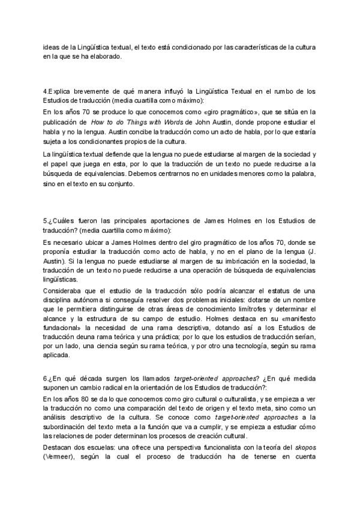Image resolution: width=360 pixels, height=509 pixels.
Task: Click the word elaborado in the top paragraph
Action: click(x=106, y=57)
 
